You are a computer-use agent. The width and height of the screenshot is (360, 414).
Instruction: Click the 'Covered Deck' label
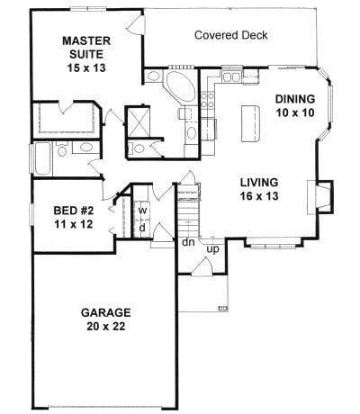click(x=231, y=35)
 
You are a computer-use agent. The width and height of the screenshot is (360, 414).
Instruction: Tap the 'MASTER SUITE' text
click(x=86, y=48)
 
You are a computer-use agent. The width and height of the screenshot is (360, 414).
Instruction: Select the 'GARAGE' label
click(x=106, y=312)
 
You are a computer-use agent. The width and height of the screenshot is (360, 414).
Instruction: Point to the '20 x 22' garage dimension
click(x=106, y=326)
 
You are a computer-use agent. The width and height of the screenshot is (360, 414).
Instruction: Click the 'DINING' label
click(x=295, y=99)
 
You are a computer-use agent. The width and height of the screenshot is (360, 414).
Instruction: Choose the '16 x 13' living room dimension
click(x=259, y=196)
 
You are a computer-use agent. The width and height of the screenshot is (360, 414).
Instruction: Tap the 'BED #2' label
click(x=74, y=211)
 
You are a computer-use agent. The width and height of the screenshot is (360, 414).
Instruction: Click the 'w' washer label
click(x=143, y=211)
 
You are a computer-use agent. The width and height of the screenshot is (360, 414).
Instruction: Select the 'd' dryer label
click(x=143, y=228)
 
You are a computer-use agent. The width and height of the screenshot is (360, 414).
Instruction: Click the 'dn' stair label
click(x=188, y=242)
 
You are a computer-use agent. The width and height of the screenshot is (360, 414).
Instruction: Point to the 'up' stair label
click(x=213, y=249)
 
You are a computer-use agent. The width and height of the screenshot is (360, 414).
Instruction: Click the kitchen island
click(x=250, y=123)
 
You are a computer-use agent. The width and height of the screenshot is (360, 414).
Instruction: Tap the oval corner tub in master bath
click(x=181, y=86)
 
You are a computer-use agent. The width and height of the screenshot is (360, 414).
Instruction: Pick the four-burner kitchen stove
click(x=207, y=100)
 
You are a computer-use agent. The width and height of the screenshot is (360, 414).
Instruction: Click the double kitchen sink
click(x=231, y=77)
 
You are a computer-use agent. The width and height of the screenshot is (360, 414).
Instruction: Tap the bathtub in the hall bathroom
click(x=43, y=159)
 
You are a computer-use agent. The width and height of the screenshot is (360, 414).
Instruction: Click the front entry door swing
click(x=202, y=265)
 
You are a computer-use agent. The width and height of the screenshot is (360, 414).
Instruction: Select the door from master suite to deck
click(x=136, y=22)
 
